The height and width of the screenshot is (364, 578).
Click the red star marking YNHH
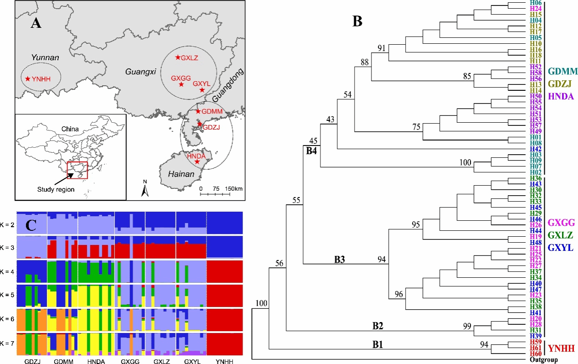(28, 79)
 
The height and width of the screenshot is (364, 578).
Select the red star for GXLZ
(178, 58)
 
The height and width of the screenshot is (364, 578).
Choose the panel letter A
(36, 23)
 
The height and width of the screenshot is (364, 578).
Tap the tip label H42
(535, 149)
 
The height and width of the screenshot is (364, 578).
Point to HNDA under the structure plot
(95, 360)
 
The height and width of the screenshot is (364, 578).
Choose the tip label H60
(535, 354)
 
